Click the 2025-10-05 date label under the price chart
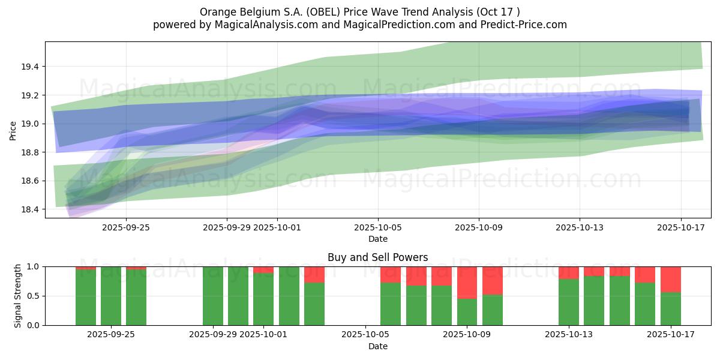[x=378, y=227]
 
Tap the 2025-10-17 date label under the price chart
[x=680, y=227]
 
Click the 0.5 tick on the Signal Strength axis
[x=34, y=296]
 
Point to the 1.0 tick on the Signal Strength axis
[x=34, y=266]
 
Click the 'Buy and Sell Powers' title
[x=377, y=257]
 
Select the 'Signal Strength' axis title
[x=18, y=296]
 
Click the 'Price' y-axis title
[x=13, y=130]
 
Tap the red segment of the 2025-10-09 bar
[x=467, y=282]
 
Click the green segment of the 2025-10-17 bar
[x=670, y=308]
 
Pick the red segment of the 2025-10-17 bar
[x=670, y=279]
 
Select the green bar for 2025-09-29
[x=212, y=296]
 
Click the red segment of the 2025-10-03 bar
[x=314, y=274]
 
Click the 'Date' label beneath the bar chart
[x=377, y=346]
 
